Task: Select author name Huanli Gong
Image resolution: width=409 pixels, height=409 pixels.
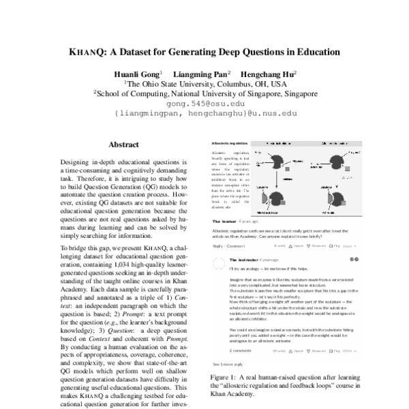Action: [x=137, y=73]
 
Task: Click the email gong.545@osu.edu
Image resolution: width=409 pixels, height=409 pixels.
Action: [x=204, y=104]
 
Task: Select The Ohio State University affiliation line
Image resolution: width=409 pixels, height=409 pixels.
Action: [x=204, y=83]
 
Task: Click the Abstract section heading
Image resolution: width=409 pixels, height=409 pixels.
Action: [x=124, y=145]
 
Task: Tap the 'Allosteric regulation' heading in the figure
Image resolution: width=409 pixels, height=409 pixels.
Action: [x=230, y=145]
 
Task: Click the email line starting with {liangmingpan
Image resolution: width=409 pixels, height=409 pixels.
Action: [x=204, y=115]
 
